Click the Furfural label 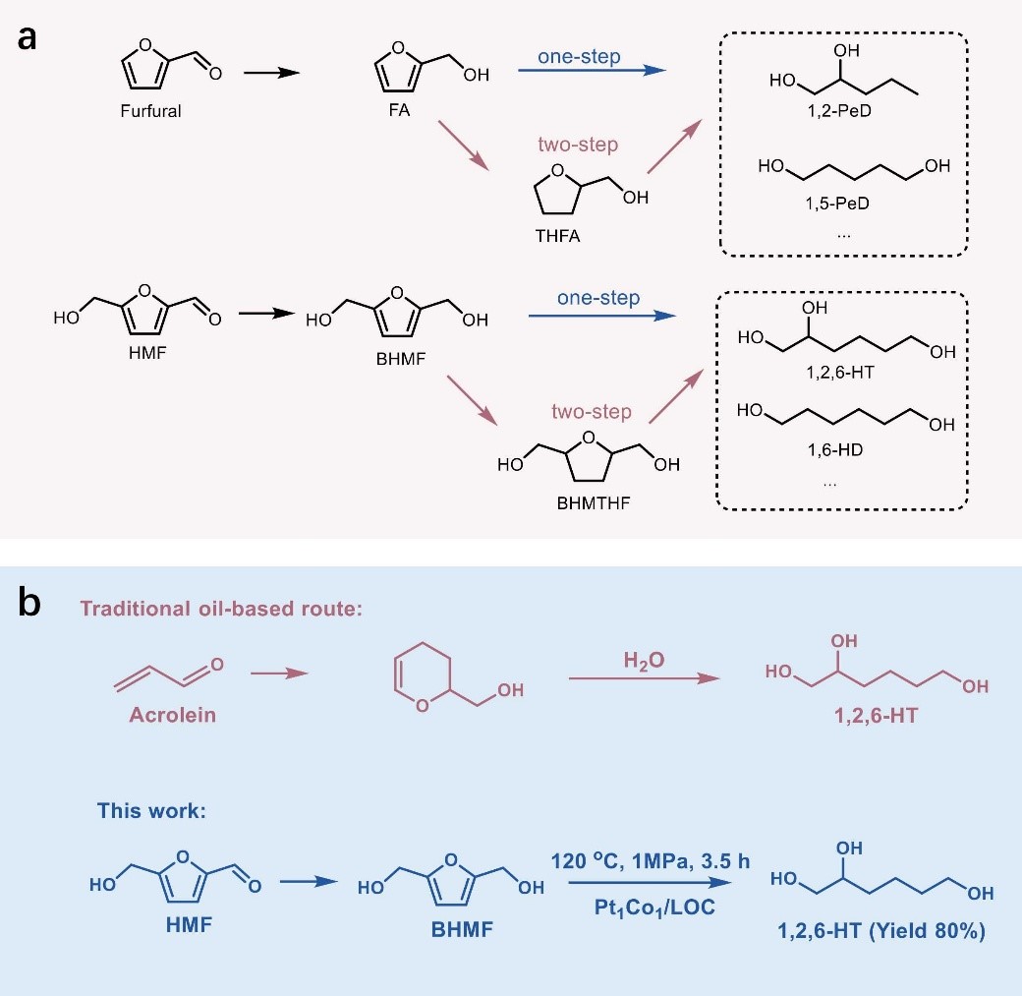pos(152,111)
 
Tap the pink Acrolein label pos(172,715)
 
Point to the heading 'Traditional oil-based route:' pos(222,610)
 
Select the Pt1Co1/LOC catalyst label pos(650,908)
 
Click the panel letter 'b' pos(30,601)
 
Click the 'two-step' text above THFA pos(578,145)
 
